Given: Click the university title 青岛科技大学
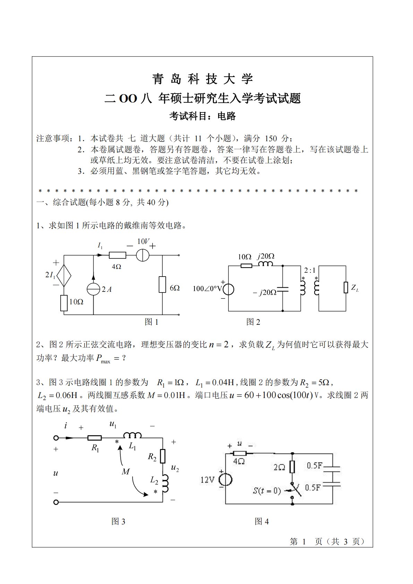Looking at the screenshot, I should [x=203, y=79].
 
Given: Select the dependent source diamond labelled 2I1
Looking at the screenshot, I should [x=64, y=276].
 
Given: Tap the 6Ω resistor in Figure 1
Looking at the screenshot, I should [x=162, y=285].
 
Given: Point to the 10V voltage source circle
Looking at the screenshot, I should [x=142, y=255].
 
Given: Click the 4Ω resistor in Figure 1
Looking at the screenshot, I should [x=117, y=255].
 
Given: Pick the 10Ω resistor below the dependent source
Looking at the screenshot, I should [x=64, y=303].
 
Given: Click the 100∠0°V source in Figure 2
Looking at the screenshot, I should [x=228, y=289].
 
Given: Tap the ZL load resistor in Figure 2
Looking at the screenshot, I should [x=346, y=287].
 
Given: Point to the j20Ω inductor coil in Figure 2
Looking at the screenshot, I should [x=266, y=264].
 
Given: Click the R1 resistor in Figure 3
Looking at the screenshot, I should [x=94, y=438].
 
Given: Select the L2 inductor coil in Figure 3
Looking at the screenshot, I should [x=165, y=483].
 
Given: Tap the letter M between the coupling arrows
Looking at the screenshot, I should [x=126, y=472].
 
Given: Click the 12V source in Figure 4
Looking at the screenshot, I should [x=226, y=480].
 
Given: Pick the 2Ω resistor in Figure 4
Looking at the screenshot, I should [x=292, y=467].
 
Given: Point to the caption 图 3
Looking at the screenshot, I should [x=118, y=522].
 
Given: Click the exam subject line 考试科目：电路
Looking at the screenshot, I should [x=203, y=116].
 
